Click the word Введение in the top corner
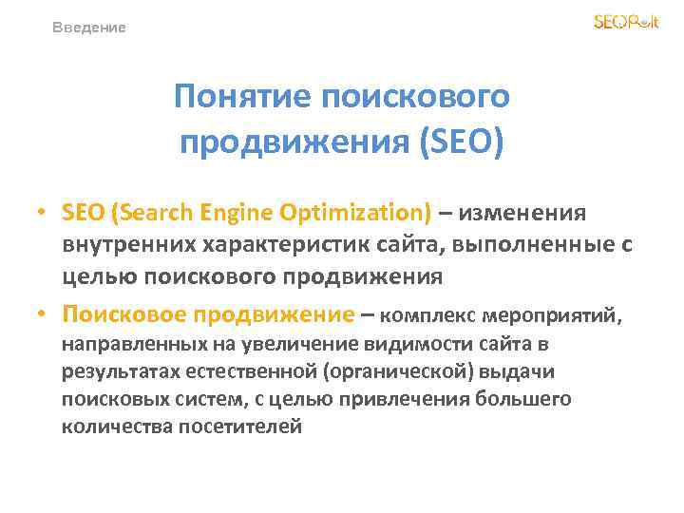coord(89,28)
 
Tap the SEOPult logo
coord(625,22)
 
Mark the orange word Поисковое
coord(123,313)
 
